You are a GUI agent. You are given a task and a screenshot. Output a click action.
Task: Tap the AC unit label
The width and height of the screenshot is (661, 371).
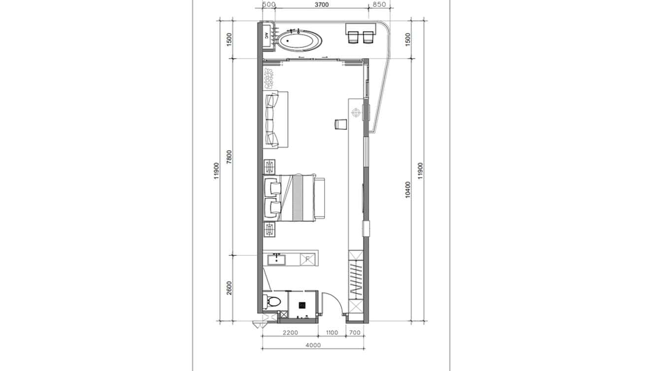coord(266,36)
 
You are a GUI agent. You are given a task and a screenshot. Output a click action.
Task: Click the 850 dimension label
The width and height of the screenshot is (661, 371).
coord(379,5)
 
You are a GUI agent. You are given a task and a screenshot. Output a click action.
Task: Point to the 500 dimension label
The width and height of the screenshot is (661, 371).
coord(268,5)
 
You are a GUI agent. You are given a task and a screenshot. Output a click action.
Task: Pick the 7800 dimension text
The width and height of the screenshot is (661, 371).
coord(229,157)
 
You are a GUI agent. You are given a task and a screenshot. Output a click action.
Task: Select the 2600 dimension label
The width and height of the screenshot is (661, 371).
coord(229,288)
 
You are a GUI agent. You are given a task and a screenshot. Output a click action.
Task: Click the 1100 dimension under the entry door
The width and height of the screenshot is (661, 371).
coord(332,333)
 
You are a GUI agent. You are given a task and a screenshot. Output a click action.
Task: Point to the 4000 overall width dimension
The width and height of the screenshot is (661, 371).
coord(313,345)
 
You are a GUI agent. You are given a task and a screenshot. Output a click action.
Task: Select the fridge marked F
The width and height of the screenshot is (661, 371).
coord(307,259)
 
